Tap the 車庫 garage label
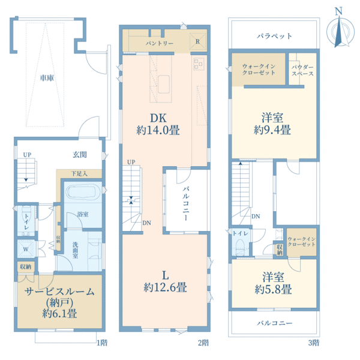pos(49,78)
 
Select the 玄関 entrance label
pos(80,155)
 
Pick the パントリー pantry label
pos(160,43)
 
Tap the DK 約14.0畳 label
pos(159,123)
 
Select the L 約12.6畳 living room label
pos(165,280)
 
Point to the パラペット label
pos(274,36)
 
